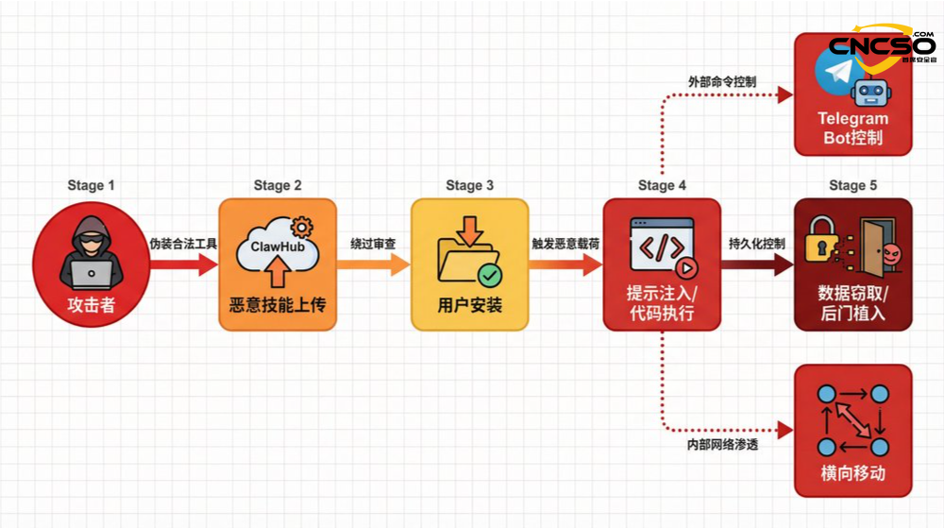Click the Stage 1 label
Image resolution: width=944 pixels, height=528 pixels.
coord(92,185)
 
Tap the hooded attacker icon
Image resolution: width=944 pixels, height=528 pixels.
coord(92,257)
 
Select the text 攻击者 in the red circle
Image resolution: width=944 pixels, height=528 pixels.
coord(92,306)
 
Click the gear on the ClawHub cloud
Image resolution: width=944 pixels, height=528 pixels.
coord(302,226)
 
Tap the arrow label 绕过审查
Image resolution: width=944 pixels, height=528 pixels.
coord(373,244)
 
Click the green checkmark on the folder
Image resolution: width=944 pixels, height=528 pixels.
coord(489,275)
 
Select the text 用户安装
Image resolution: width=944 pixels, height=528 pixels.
coord(469,306)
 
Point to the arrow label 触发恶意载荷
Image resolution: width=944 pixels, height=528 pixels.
coord(565,244)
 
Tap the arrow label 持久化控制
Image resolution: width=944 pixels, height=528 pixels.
coord(757,244)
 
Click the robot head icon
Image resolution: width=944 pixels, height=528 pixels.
coord(870,92)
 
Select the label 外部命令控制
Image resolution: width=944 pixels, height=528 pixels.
coord(722,82)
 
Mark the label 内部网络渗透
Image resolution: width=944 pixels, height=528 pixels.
coord(722,444)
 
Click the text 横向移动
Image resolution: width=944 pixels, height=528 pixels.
coord(853,473)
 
